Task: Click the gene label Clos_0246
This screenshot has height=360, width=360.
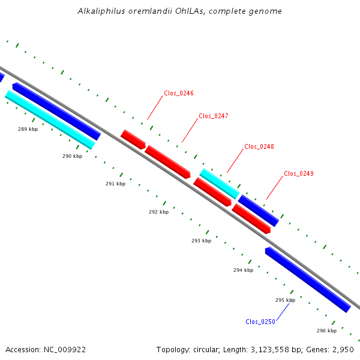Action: pos(179,93)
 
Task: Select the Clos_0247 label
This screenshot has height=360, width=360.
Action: pos(214,116)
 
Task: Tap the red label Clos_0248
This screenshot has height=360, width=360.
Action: pos(259,146)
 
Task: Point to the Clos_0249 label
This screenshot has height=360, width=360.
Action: pos(299,173)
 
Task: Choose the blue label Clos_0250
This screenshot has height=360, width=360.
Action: pos(260,322)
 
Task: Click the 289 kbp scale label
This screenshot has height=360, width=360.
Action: pos(28,129)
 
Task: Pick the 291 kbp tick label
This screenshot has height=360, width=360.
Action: pos(115,184)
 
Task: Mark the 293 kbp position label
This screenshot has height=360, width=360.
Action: pos(202,241)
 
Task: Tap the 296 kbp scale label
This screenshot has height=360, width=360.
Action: pos(327,331)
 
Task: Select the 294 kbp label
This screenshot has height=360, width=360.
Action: pos(244,270)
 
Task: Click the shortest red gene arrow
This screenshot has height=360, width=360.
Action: pos(133,140)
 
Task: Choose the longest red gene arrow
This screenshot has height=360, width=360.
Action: pos(167,162)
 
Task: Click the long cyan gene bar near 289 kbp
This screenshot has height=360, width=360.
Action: pos(50,119)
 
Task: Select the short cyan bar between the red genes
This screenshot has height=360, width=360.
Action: pos(220,184)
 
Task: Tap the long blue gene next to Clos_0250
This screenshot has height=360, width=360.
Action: pos(308,280)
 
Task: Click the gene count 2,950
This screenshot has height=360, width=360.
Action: pos(343,350)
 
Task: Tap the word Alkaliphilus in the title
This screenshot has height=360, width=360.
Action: pos(101,11)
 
